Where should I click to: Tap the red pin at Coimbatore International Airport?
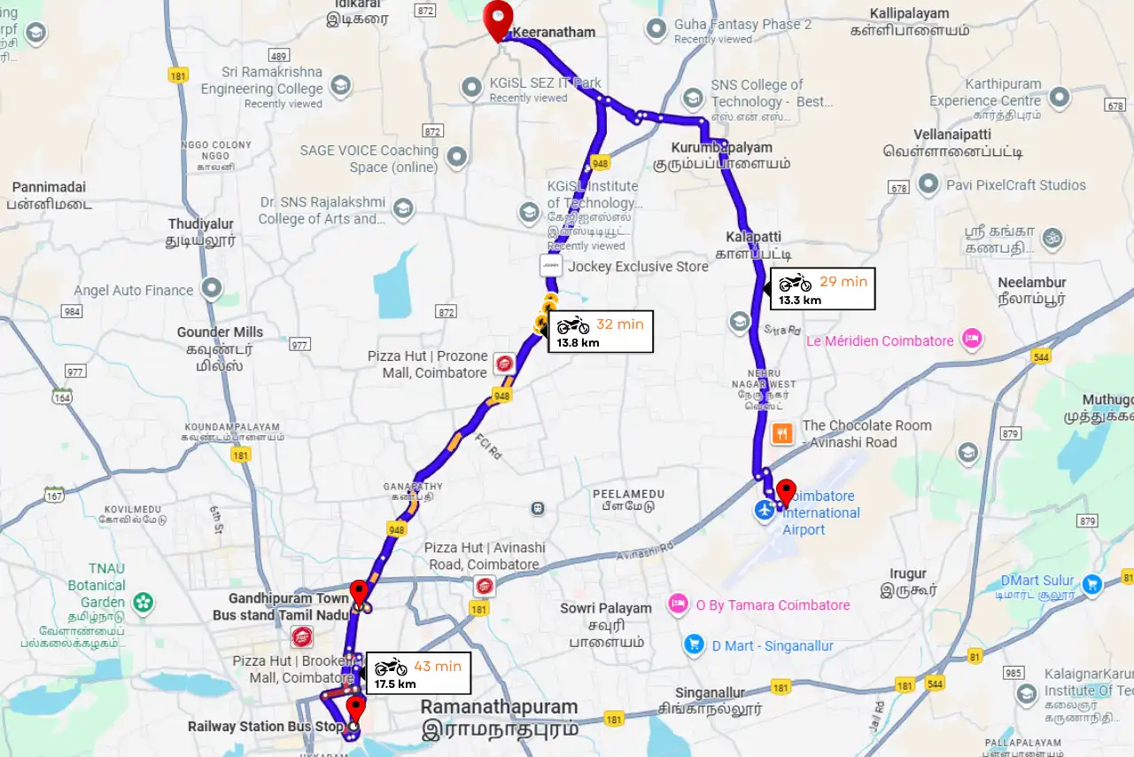pos(785,491)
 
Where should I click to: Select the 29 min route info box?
pos(821,289)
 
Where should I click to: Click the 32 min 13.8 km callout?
pos(601,332)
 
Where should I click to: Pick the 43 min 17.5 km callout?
pos(417,674)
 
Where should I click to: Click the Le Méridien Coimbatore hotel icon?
pos(973,340)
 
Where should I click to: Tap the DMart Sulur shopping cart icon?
pos(1091,583)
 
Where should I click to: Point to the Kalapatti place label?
pos(754,238)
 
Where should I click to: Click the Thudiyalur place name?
pos(201,224)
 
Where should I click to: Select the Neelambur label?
pos(1031,283)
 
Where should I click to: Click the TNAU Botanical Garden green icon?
pos(143,603)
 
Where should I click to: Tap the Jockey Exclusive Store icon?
pos(551,266)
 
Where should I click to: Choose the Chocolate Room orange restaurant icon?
pos(781,433)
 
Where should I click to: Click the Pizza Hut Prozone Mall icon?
pos(505,363)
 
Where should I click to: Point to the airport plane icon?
pos(764,511)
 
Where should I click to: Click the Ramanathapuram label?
pos(499,707)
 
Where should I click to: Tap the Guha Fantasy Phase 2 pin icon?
pos(656,30)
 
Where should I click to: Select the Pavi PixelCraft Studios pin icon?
pos(928,184)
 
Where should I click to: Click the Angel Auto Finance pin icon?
pos(212,289)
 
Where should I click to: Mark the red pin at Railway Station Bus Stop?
pos(355,709)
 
